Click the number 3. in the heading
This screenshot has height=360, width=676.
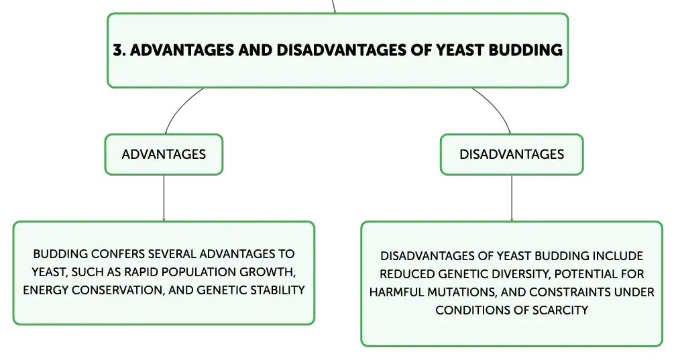(x=119, y=50)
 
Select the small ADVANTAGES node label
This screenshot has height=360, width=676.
(x=164, y=154)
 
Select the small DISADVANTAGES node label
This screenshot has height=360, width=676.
(x=512, y=154)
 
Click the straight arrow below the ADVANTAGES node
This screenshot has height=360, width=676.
(x=164, y=198)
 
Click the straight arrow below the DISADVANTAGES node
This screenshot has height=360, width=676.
(x=512, y=198)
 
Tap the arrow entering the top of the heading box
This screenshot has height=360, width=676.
(x=334, y=7)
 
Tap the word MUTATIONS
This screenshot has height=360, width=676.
(x=461, y=292)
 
